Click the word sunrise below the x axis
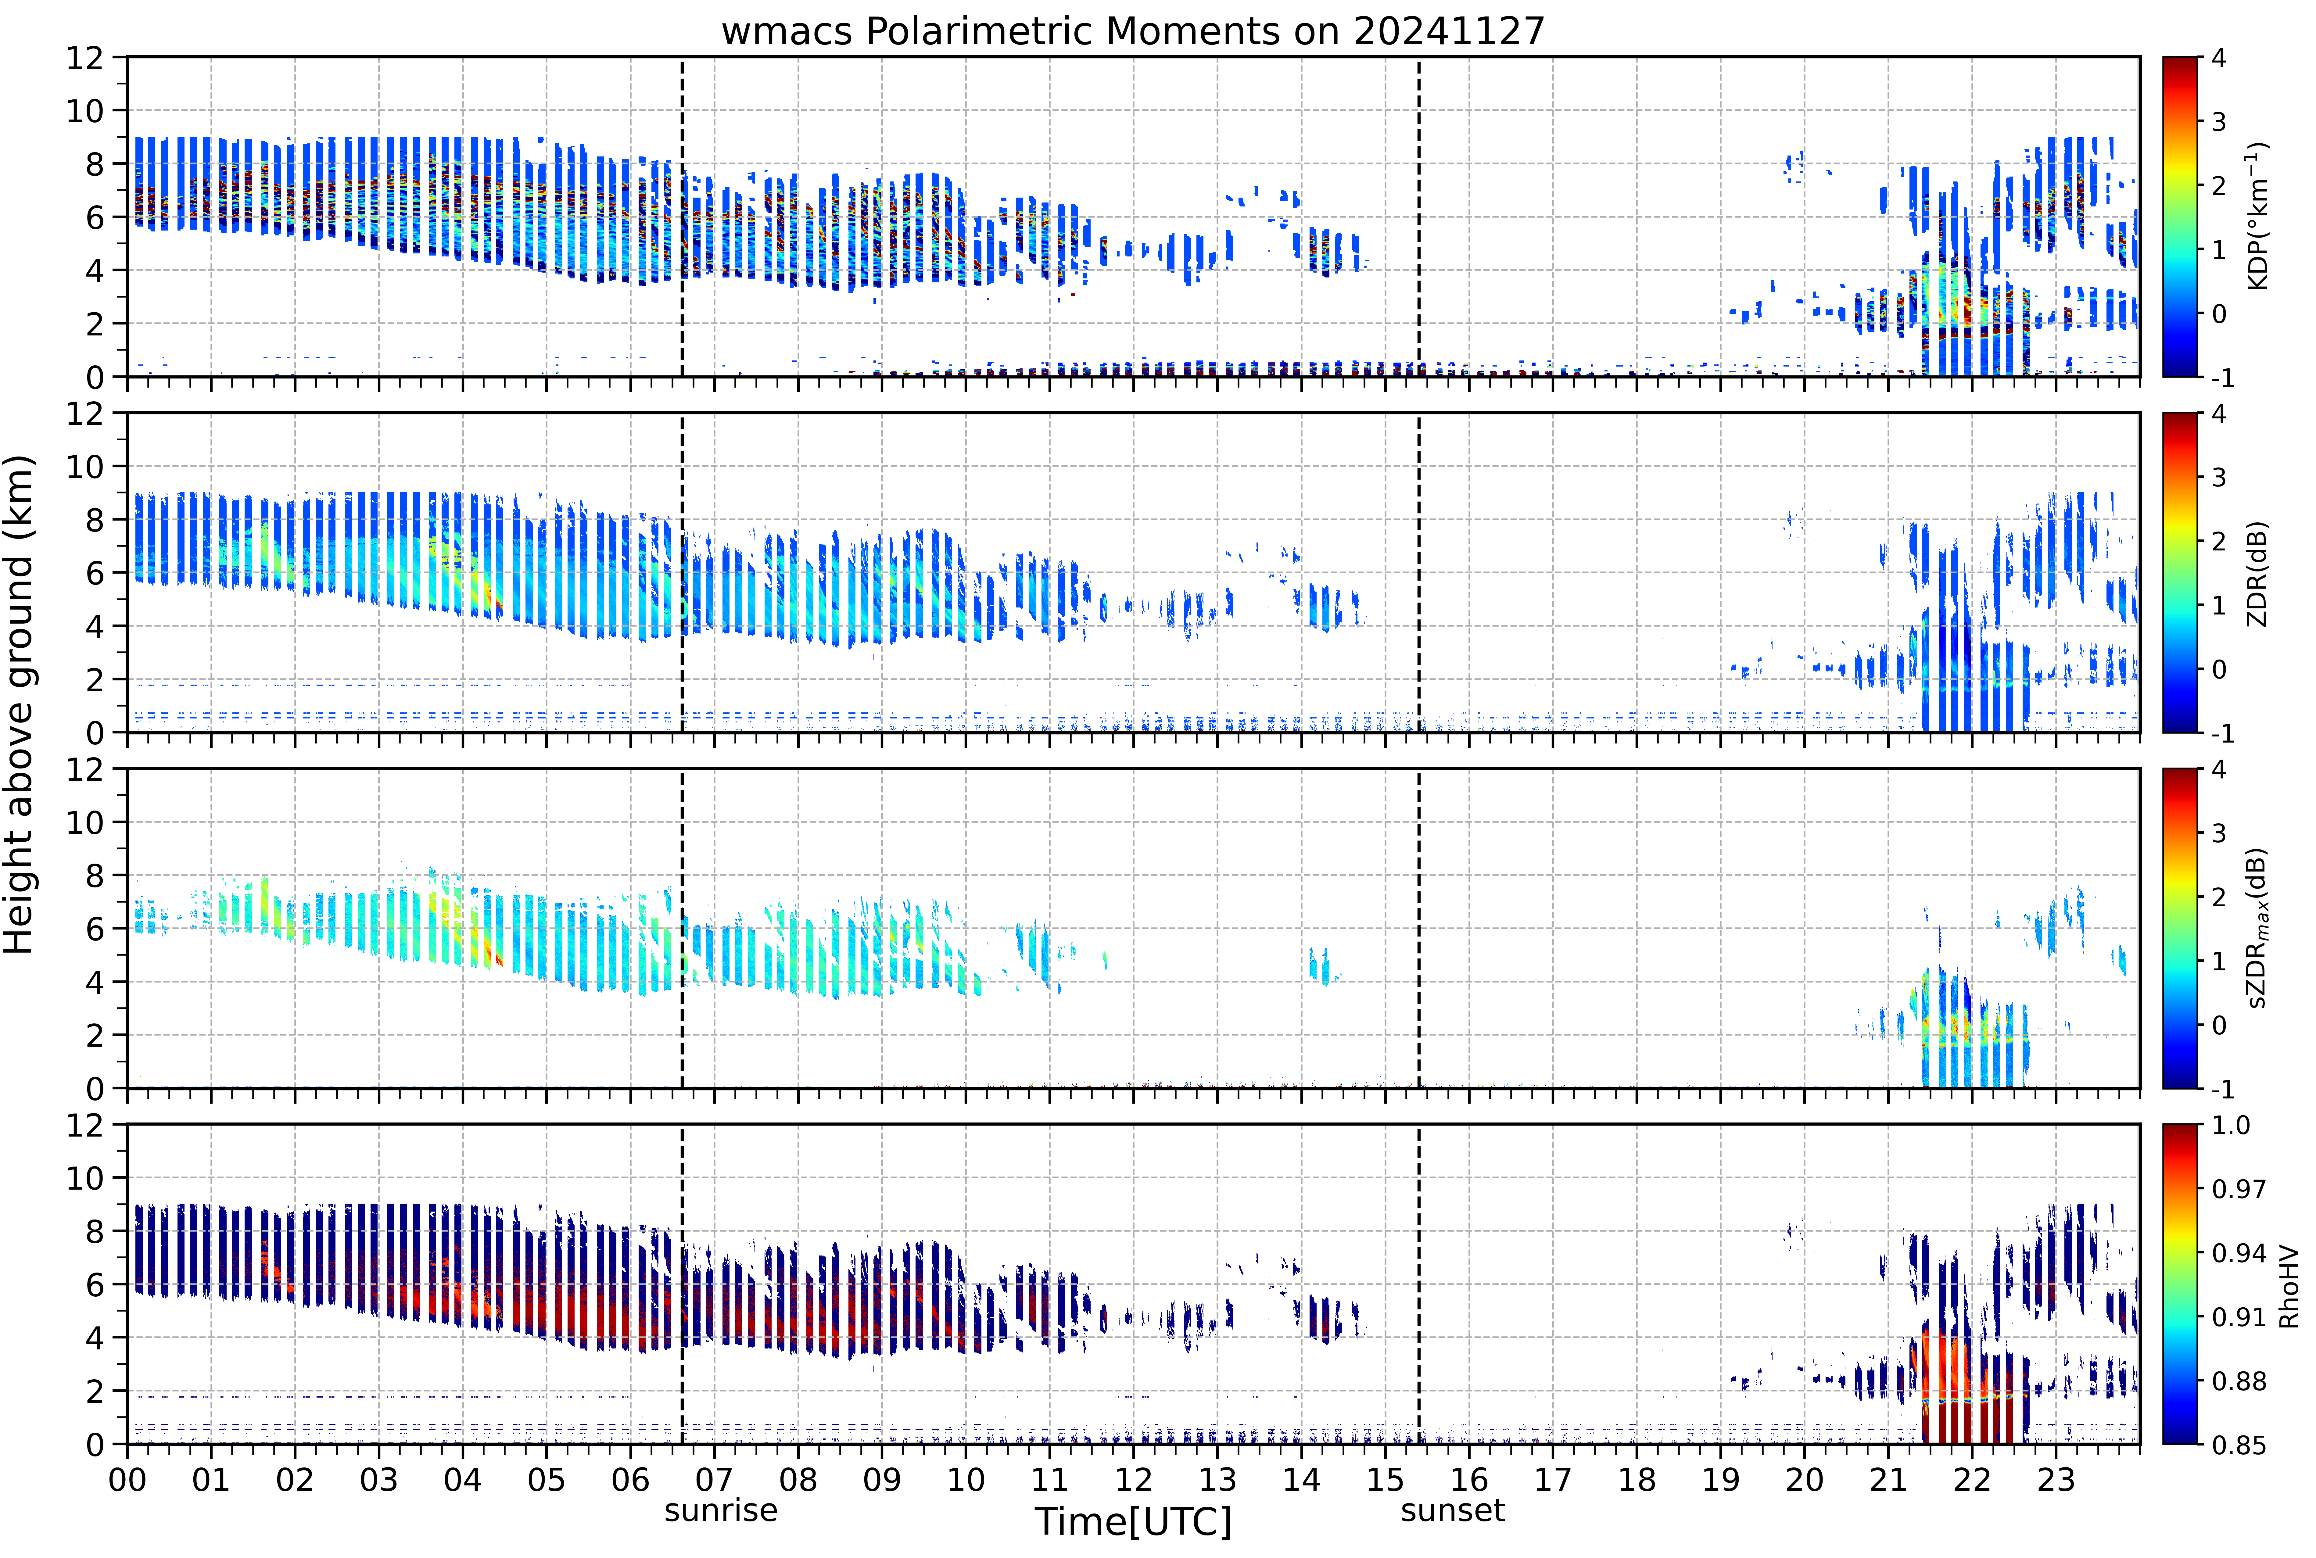(721, 1511)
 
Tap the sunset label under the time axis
(1453, 1511)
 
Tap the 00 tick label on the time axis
(127, 1481)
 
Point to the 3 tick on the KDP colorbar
(2219, 122)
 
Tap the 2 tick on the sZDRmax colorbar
(2219, 897)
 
